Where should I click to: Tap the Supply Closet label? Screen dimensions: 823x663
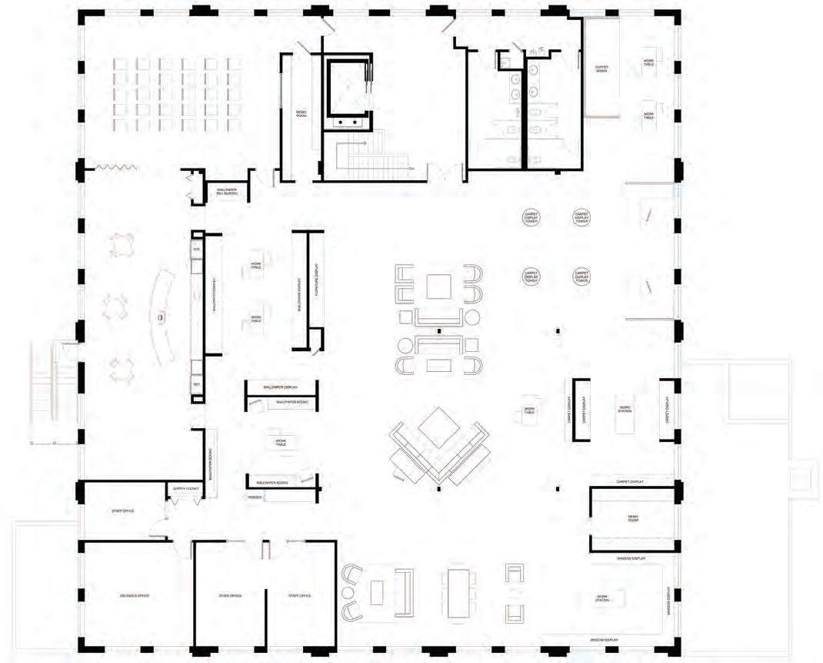(186, 488)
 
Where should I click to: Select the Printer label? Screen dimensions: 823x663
(255, 498)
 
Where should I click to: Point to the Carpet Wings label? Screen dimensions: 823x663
(601, 69)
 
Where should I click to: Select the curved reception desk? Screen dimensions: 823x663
(163, 316)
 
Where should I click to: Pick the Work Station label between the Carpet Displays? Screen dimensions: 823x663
(625, 409)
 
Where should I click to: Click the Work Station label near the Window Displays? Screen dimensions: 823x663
(602, 598)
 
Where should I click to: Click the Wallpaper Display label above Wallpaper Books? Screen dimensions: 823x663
(280, 387)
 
